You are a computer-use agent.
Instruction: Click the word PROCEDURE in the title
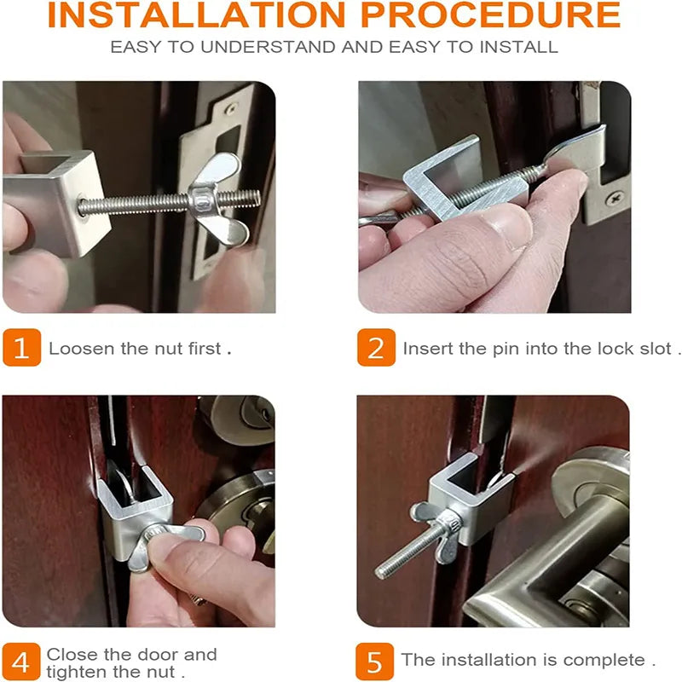point(500,15)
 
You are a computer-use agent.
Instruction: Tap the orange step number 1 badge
point(21,348)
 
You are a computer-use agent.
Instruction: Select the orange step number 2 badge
point(376,348)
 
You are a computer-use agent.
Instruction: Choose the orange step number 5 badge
point(376,661)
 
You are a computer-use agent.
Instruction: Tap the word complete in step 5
point(607,660)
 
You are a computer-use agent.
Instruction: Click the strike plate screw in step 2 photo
point(613,198)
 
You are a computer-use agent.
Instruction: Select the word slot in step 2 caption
point(655,349)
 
